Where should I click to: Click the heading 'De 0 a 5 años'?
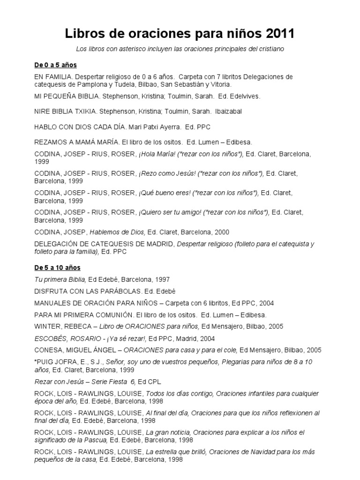55,65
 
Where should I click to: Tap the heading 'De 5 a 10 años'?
57,268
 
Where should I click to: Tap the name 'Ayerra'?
165,127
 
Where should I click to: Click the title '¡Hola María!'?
156,154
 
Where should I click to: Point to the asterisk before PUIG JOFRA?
36,361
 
